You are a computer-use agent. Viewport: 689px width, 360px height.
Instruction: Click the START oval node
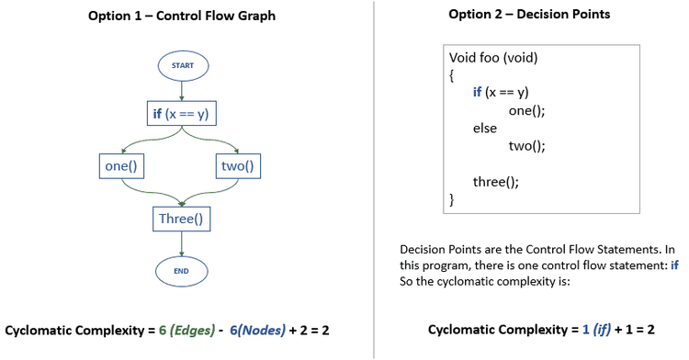(182, 65)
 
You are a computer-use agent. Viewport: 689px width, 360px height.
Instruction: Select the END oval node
(181, 271)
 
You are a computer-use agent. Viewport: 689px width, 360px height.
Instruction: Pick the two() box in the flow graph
(238, 166)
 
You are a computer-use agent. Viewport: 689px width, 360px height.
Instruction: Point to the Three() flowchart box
(180, 219)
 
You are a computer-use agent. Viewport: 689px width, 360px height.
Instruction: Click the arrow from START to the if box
(182, 88)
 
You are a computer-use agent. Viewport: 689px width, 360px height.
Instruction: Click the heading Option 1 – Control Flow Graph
(181, 16)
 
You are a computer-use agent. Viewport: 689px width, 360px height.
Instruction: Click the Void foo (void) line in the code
(493, 58)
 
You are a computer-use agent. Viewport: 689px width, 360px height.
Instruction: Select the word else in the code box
(485, 128)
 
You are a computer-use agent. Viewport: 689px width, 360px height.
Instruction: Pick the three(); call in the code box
(496, 181)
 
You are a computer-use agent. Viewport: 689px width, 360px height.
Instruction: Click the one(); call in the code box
(526, 110)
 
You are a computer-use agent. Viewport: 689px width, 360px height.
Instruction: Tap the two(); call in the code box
(526, 145)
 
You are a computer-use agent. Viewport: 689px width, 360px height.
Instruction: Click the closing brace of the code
(452, 198)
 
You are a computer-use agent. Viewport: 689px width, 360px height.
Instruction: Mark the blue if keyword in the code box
(478, 93)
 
